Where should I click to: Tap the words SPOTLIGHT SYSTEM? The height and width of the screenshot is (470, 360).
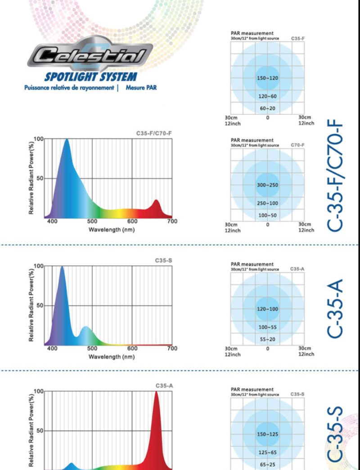point(90,77)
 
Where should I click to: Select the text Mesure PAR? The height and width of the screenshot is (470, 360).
point(141,88)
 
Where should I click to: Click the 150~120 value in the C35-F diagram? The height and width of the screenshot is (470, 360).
point(267,78)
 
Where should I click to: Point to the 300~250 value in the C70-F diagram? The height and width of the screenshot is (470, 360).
point(267,185)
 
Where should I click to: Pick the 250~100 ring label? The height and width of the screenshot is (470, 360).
point(268,203)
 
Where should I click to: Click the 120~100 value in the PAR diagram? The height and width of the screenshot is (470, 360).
point(268,309)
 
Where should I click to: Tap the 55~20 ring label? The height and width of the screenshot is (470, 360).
point(268,339)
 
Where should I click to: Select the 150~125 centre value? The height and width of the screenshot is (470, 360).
point(268,434)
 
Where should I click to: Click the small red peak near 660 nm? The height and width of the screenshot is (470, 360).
point(156,205)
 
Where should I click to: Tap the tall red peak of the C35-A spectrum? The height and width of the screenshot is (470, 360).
point(156,405)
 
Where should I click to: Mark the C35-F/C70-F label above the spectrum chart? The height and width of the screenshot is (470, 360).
point(154,134)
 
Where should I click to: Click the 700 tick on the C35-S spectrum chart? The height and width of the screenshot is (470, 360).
point(172,349)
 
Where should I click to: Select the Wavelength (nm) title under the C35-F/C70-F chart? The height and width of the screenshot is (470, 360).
point(112,230)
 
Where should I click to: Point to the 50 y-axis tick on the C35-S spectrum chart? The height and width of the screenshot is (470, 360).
point(40,306)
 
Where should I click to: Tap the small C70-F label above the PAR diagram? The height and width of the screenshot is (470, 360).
point(297,145)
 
